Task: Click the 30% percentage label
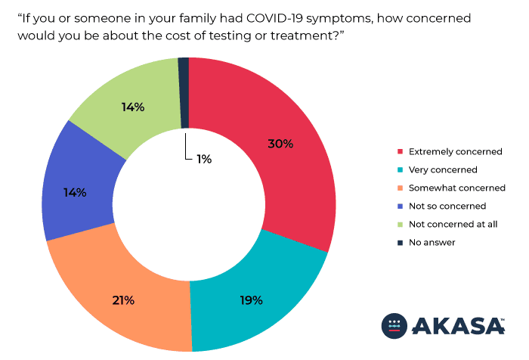coord(280,144)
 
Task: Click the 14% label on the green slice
coord(133,107)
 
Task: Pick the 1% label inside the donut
coord(203,159)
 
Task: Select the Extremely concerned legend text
coord(454,152)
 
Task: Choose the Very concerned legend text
coord(442,170)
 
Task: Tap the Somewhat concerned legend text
coord(456,188)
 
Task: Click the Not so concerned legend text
coord(446,206)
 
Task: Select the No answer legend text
coord(432,243)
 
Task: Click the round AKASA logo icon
coord(394,324)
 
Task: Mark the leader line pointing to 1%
coord(186,147)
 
